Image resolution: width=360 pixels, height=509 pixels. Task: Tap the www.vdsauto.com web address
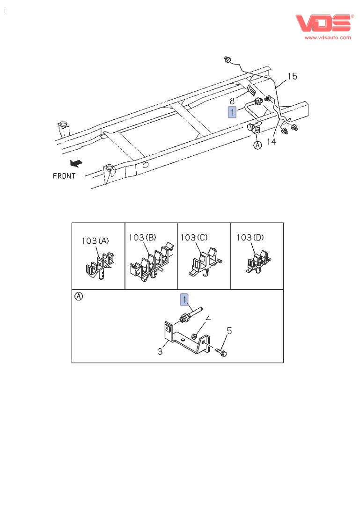point(328,37)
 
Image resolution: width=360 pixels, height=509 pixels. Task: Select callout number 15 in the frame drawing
point(292,76)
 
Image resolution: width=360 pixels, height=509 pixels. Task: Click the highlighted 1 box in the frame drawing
point(233,112)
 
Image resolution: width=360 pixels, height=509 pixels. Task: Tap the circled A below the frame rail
point(257,145)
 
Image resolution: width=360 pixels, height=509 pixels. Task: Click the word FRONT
point(64,176)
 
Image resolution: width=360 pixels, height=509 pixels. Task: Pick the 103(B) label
point(142,237)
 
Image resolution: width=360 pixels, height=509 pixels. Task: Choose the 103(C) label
point(194,237)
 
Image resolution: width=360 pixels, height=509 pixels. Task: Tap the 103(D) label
point(250,237)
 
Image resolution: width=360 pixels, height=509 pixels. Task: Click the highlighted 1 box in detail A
point(186,299)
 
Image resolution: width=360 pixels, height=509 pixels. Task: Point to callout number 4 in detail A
point(208,319)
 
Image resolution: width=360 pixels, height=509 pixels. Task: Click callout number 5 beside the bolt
point(229,331)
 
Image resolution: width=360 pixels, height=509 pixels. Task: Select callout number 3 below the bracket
point(160,351)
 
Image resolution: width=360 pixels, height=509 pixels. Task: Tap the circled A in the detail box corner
point(79,296)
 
